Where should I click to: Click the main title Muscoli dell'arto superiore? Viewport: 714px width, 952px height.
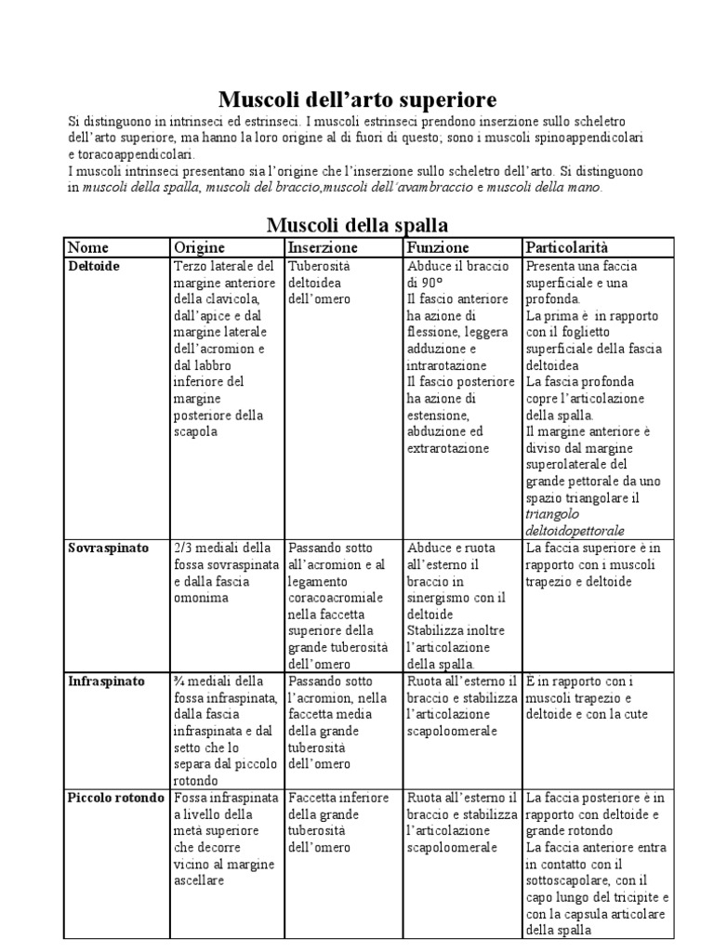tap(357, 99)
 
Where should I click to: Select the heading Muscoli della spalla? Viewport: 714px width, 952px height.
tap(357, 224)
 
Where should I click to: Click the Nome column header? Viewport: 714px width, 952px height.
tap(88, 247)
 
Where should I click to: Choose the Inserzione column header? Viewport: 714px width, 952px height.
tap(323, 247)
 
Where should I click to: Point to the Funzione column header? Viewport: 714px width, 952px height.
tap(438, 247)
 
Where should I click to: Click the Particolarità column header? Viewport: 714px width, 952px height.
tap(567, 247)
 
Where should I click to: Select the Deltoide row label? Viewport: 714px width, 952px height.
tap(94, 266)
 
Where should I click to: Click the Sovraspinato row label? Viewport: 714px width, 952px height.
tap(109, 549)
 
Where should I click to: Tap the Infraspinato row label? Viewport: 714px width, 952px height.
tap(106, 681)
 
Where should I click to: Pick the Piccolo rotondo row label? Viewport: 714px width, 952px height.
tap(115, 798)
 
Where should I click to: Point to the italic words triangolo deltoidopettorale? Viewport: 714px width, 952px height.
tap(575, 522)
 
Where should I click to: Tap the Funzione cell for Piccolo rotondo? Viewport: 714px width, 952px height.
tap(462, 823)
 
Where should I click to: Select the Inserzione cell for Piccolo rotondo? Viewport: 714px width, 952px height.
tap(335, 823)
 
